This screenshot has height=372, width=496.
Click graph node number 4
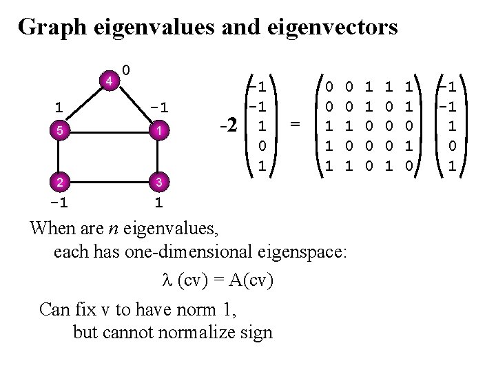pyautogui.click(x=108, y=81)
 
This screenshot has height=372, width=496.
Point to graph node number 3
pyautogui.click(x=158, y=183)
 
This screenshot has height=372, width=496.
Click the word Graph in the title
pyautogui.click(x=46, y=28)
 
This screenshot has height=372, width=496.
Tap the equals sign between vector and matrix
pyautogui.click(x=295, y=124)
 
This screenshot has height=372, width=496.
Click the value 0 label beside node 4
pyautogui.click(x=127, y=70)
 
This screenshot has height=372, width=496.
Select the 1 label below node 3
pyautogui.click(x=158, y=203)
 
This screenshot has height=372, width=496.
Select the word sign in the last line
pyautogui.click(x=254, y=333)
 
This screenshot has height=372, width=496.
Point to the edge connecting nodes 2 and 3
pyautogui.click(x=109, y=183)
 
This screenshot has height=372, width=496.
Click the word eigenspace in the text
pyautogui.click(x=307, y=251)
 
